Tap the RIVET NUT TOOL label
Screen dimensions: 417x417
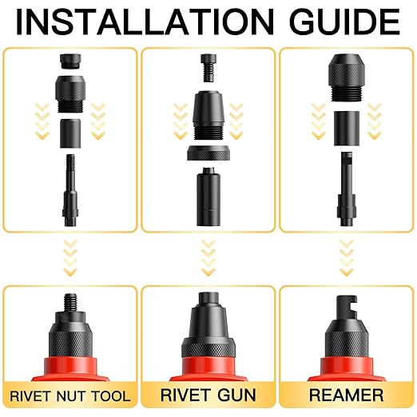click(69, 395)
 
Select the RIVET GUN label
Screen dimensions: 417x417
click(208, 395)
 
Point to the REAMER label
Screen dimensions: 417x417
click(346, 395)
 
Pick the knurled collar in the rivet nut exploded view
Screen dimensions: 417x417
click(69, 94)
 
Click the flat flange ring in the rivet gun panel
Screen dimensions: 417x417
click(208, 154)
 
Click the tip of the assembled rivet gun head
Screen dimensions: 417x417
click(208, 302)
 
